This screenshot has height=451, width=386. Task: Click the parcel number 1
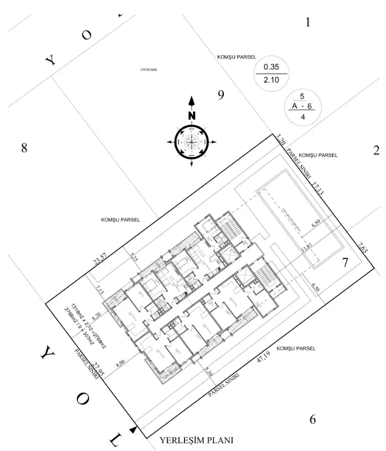click(307, 23)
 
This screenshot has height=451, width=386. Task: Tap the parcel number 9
click(221, 95)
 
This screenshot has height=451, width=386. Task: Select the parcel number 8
click(24, 148)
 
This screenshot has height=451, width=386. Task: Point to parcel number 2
click(376, 151)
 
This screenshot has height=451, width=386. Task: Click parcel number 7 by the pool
click(346, 262)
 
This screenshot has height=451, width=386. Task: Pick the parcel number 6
click(313, 420)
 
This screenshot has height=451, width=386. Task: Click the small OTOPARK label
click(149, 70)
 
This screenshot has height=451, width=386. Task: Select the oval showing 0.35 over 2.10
click(271, 74)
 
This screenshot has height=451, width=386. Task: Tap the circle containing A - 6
click(303, 107)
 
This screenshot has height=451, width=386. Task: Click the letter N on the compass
click(192, 116)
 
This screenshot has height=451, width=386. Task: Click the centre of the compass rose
click(192, 140)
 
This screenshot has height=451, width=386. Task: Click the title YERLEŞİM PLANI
click(196, 440)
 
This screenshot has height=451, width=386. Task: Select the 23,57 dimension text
click(100, 259)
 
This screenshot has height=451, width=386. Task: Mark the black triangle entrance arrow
click(133, 430)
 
